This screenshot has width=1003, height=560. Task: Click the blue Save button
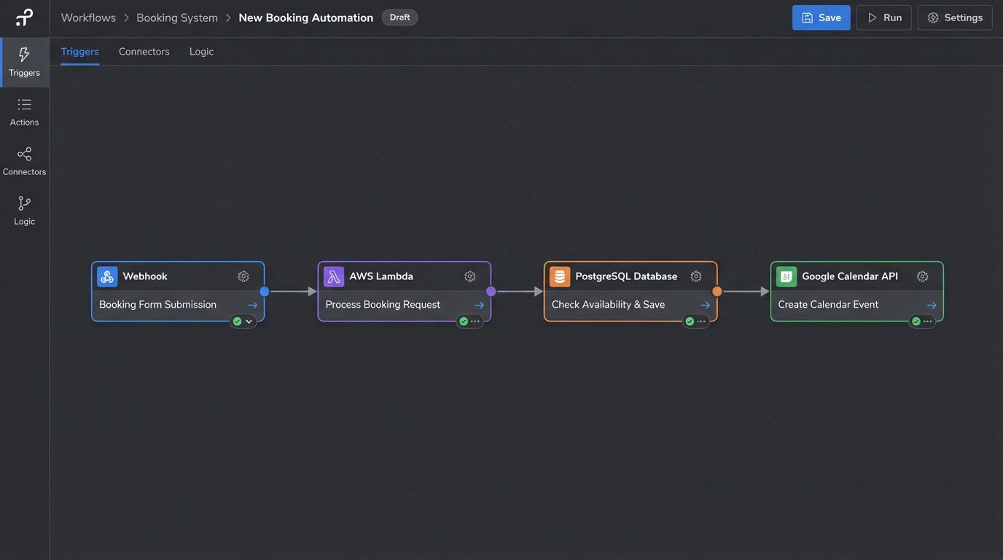pos(821,17)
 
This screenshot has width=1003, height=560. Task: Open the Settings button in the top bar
pos(954,17)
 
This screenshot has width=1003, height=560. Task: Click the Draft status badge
pos(399,17)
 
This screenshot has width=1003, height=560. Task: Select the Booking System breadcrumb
pos(176,17)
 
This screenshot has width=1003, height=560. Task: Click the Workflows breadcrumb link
pos(88,17)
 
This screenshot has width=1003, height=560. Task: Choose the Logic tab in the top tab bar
pos(201,52)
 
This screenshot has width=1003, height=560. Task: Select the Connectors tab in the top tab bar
pos(144,52)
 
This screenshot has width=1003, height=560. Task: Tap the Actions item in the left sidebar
pos(24,112)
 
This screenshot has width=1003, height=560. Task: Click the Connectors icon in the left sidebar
pos(24,155)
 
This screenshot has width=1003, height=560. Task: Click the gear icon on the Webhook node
pos(243,276)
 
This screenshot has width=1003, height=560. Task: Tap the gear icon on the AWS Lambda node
pos(470,276)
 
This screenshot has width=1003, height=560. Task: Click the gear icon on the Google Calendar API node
pos(922,276)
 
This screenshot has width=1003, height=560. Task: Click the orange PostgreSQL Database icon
pos(560,276)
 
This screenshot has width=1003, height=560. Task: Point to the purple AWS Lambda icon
pos(334,276)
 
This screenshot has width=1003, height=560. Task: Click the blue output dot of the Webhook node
pos(265,292)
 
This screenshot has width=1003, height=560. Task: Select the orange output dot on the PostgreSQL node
pos(717,292)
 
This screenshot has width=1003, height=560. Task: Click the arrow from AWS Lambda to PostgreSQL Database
pos(518,292)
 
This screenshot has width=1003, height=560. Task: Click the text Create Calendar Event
pos(828,305)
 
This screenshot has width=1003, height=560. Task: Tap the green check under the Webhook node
pos(237,322)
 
